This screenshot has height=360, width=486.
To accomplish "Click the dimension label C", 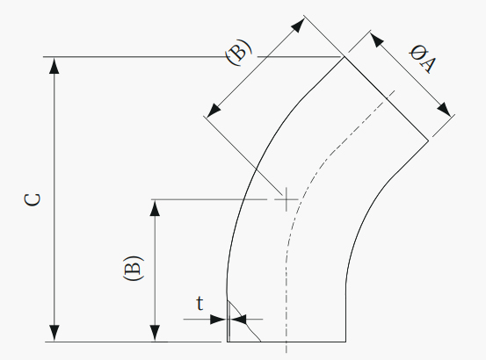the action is pos(33,199).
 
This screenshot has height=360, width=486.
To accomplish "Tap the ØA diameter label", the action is pos(422,59).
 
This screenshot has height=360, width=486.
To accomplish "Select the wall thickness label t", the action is pos(200,303).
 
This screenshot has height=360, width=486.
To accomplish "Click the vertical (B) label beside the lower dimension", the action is pos(134,269).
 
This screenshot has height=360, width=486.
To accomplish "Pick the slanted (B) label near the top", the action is pos(239,52).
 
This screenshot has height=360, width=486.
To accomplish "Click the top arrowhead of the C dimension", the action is pos(54,66).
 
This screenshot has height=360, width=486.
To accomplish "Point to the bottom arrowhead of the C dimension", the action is pos(54,334).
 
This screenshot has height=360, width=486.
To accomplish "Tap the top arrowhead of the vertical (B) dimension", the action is pos(155,208).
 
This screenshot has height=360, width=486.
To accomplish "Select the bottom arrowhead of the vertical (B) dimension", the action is pos(155,334).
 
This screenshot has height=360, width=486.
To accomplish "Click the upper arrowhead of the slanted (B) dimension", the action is pos(298,25).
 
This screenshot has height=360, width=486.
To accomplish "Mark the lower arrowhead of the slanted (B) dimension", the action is pos(214,111).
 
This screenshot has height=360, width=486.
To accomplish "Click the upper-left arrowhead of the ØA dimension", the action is pos(377,40).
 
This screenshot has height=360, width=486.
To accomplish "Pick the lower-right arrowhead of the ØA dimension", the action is pos(444,109).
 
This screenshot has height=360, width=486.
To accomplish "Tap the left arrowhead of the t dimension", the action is pos(219,319).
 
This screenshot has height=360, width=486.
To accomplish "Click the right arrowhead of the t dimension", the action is pos(238,319).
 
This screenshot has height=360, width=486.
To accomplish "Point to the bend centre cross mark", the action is pos(287,199).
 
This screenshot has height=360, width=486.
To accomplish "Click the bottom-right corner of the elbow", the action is pos(345,342).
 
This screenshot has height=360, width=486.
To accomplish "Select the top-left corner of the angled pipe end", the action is pos(344,57).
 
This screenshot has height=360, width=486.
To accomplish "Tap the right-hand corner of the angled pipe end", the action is pos(429,141).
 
